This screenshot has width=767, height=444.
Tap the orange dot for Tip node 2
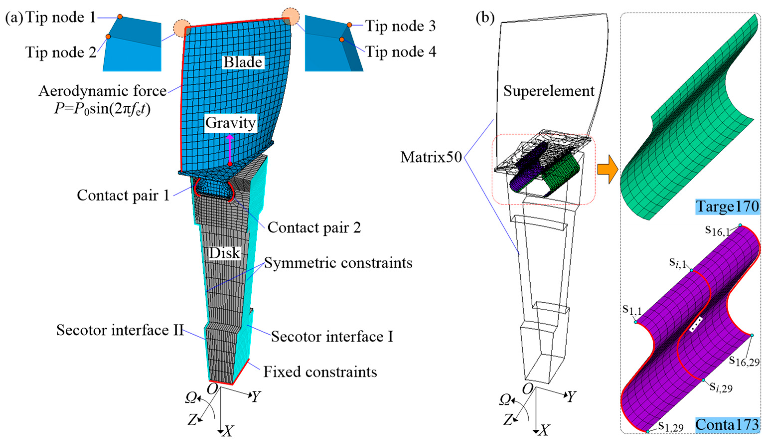coord(108,37)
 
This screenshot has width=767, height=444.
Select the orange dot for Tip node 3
coord(349,25)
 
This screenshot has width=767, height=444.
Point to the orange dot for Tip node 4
coord(342,40)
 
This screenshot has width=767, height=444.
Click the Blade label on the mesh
coord(243,62)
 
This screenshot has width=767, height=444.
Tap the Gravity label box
coord(230,123)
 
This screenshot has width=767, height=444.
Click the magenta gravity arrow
coord(230,149)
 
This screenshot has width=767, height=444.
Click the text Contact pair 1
coord(123,195)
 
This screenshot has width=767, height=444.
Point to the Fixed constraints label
coord(320,372)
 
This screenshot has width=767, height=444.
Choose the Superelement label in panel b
coord(549,91)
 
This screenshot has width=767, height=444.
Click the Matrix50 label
coord(431,157)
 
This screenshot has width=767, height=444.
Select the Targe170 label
coord(727,207)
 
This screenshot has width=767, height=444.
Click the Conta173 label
coord(727,425)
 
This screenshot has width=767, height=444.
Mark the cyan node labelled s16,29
coord(752,335)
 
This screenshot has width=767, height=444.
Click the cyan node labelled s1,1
coord(635,322)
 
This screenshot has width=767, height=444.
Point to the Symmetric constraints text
coord(338,263)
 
